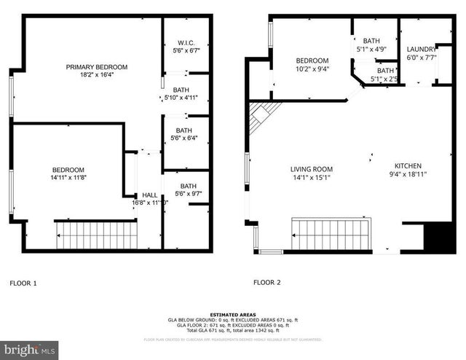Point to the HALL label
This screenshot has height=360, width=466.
(149, 195)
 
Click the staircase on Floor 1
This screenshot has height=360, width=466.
(97, 235)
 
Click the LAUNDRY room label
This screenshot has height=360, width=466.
(421, 49)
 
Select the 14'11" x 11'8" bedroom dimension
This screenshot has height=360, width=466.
(68, 177)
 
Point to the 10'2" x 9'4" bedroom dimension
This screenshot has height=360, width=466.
(312, 69)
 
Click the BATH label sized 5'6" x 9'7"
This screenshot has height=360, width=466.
(189, 186)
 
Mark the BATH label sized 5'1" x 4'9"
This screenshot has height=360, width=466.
(371, 41)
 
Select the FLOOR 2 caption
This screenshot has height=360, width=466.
(267, 282)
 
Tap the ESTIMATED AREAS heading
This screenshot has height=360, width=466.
(232, 314)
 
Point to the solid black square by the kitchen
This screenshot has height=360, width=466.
(439, 238)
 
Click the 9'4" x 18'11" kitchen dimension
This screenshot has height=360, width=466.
(407, 174)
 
